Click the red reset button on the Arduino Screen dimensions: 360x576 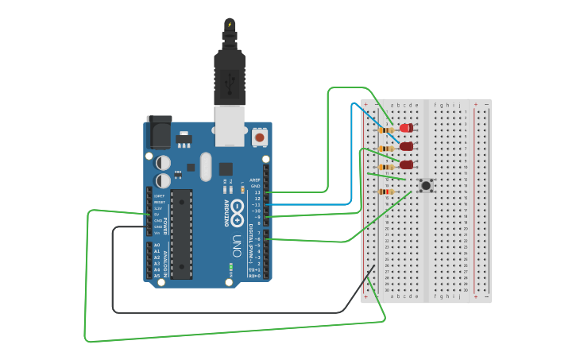click(259, 137)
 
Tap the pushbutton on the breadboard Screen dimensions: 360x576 click(426, 185)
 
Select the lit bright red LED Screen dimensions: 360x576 click(406, 128)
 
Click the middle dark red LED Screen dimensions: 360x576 click(406, 146)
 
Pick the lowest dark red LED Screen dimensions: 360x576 click(406, 165)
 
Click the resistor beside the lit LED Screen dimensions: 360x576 click(386, 130)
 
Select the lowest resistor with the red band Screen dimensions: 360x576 click(386, 192)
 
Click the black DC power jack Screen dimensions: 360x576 click(159, 130)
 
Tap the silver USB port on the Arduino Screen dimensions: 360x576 click(230, 126)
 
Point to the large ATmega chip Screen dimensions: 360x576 click(181, 234)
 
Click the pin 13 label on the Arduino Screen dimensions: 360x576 click(257, 192)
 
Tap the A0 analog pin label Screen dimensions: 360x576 click(157, 245)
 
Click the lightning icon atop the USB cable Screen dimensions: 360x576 click(230, 25)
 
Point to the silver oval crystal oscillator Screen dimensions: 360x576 click(206, 167)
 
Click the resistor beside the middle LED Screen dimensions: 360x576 click(386, 148)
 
